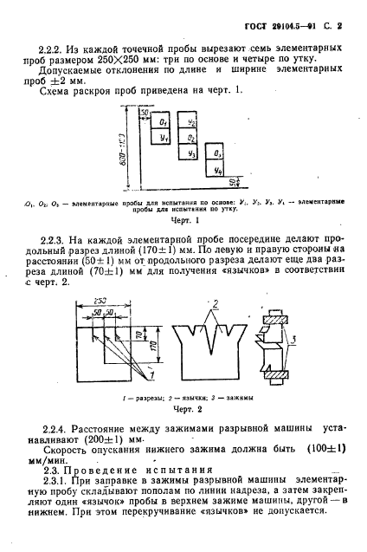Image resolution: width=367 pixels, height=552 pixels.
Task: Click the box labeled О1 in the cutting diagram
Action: click(164, 124)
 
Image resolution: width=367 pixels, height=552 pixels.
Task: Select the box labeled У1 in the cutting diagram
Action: click(164, 138)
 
